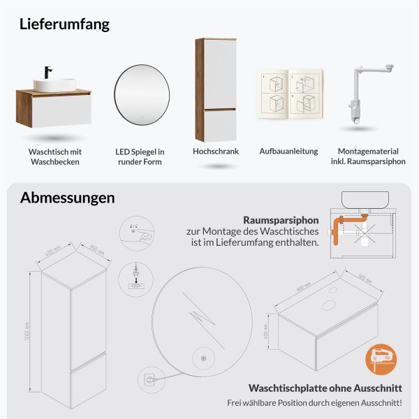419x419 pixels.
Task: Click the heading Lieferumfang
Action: [x=65, y=24]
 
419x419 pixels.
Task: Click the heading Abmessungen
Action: [x=67, y=198]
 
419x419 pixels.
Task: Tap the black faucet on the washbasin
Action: [x=49, y=72]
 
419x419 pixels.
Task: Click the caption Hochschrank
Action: [x=216, y=151]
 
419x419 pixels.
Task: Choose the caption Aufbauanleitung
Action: [x=288, y=151]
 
